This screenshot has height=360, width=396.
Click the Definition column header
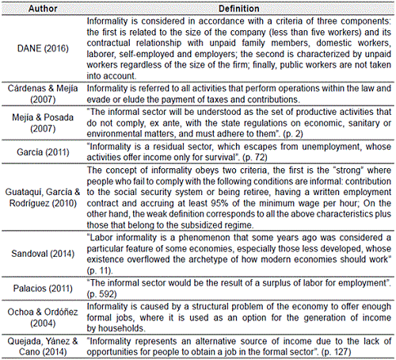click(x=237, y=6)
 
